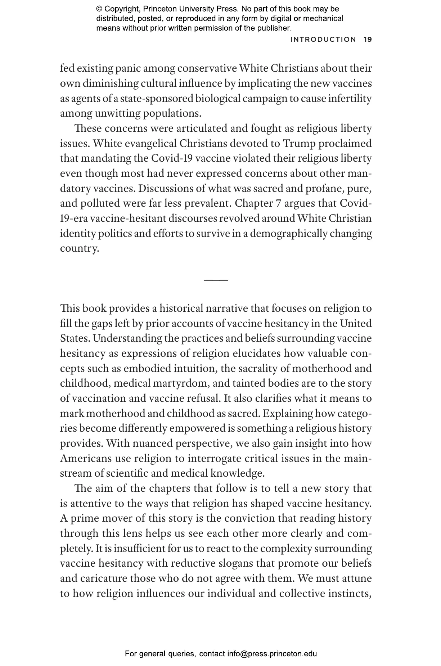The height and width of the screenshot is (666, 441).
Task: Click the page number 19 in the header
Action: click(x=368, y=40)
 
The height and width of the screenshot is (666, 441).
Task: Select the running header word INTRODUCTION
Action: click(x=323, y=40)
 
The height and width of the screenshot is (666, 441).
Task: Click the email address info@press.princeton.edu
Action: click(x=272, y=653)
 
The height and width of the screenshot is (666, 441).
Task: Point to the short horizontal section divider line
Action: click(x=216, y=280)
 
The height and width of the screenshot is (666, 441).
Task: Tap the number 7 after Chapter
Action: click(x=278, y=204)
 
